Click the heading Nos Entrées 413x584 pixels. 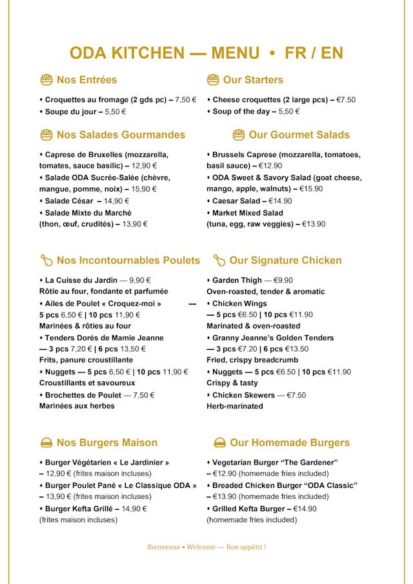(86, 80)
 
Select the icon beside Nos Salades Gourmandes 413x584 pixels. (46, 135)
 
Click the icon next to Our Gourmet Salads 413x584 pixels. (239, 135)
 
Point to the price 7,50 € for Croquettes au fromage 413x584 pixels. (186, 100)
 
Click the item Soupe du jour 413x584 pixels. (70, 112)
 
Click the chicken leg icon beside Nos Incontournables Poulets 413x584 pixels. (46, 261)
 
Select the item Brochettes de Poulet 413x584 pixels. (80, 395)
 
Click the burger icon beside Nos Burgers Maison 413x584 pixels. (46, 443)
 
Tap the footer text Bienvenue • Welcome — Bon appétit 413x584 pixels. (206, 547)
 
